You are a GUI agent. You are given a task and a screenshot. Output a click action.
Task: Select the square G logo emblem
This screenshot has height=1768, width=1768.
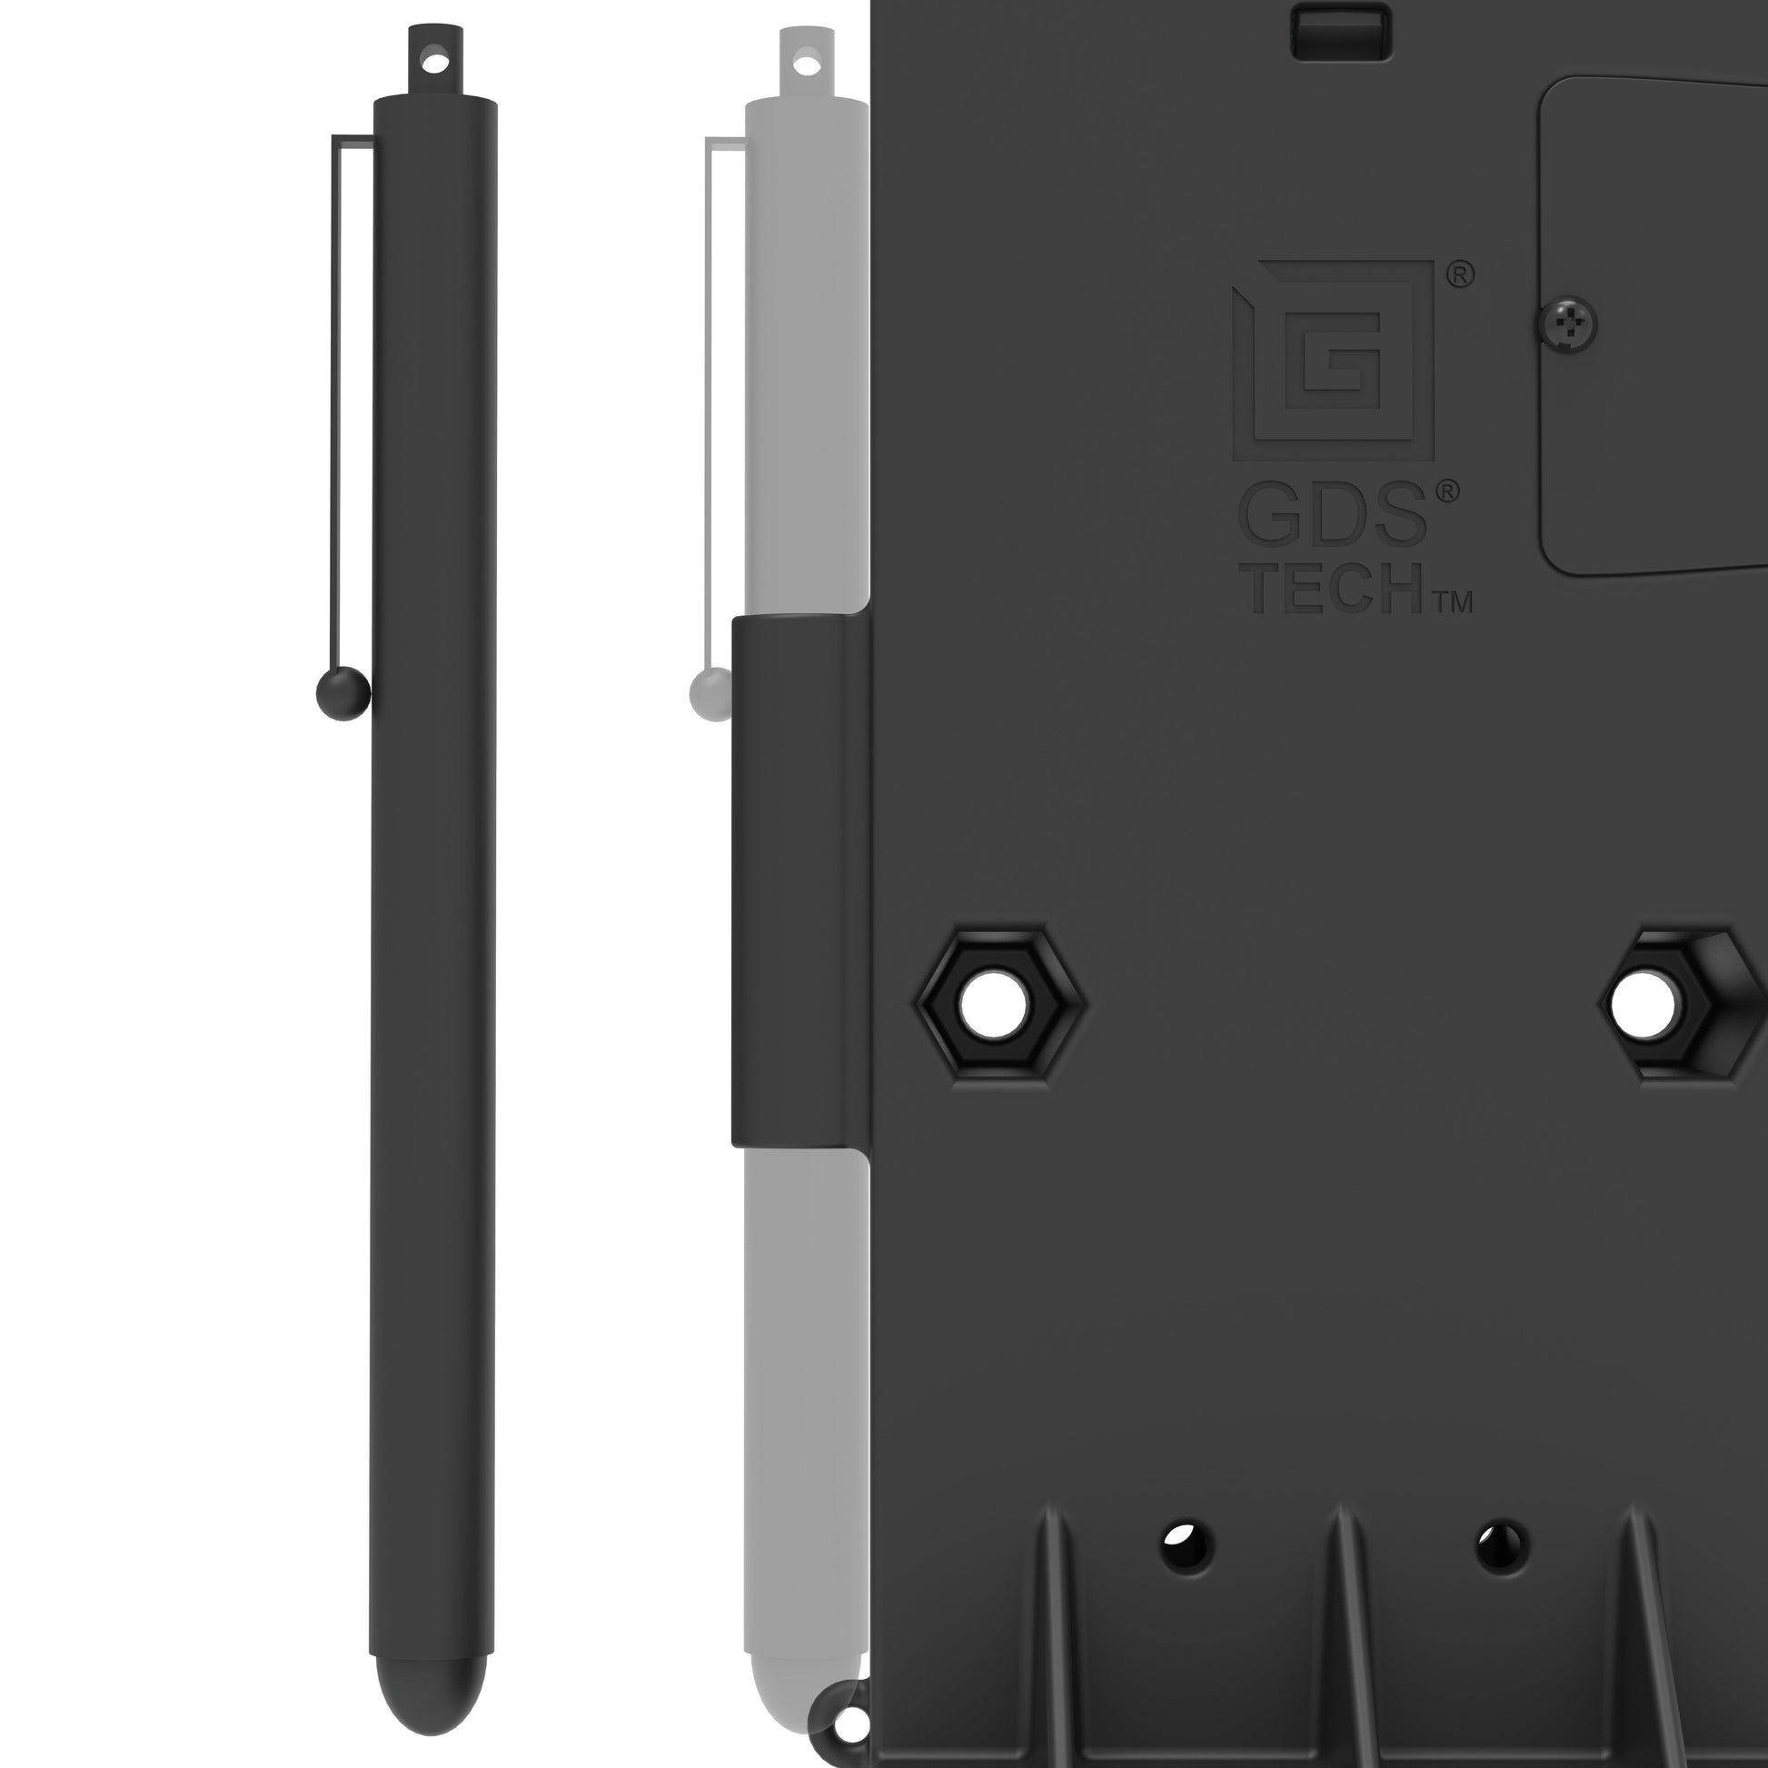coord(1333,361)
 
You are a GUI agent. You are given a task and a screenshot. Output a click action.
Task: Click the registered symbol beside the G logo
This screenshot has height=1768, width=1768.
coord(1460,273)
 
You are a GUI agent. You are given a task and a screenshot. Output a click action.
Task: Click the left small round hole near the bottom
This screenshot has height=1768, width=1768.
coord(1187,1546)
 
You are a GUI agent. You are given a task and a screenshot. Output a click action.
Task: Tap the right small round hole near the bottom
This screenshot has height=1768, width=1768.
coord(1503,1545)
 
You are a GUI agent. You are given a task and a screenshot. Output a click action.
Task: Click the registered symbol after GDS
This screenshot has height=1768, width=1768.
coord(1446,492)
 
